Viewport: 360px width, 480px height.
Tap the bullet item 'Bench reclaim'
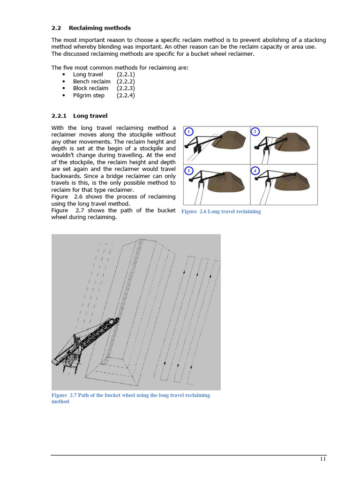(x=91, y=81)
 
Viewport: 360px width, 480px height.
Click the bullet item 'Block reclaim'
(x=90, y=88)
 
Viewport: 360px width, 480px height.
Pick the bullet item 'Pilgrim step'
(x=89, y=95)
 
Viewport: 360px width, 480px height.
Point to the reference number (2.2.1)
(x=126, y=74)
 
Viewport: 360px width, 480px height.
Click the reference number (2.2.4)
(x=126, y=95)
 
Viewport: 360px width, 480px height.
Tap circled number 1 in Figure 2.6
(x=188, y=132)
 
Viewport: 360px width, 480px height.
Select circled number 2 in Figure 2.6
(x=255, y=132)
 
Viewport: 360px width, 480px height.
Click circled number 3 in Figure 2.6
(x=188, y=171)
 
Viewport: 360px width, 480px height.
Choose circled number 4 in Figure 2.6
(x=255, y=171)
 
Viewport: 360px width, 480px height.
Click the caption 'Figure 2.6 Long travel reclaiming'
(x=221, y=211)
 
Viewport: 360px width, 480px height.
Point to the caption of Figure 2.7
(x=131, y=398)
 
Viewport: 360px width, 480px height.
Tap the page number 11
(x=323, y=459)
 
